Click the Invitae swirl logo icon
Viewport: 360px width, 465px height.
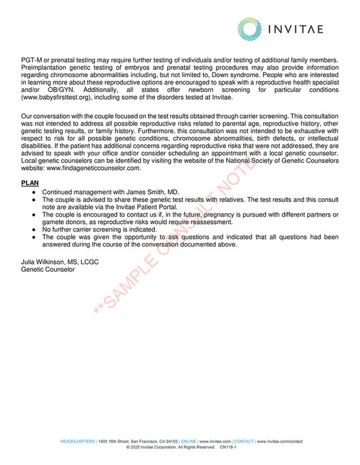pyautogui.click(x=251, y=28)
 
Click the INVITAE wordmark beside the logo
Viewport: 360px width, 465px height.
pyautogui.click(x=305, y=29)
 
